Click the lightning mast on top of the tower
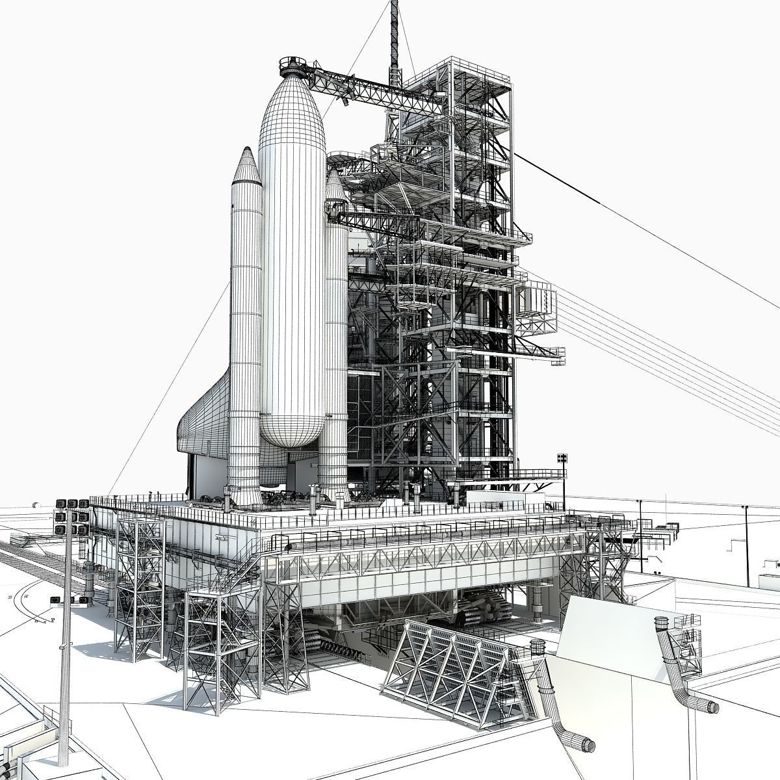point(394,39)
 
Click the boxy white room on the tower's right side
point(537,302)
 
